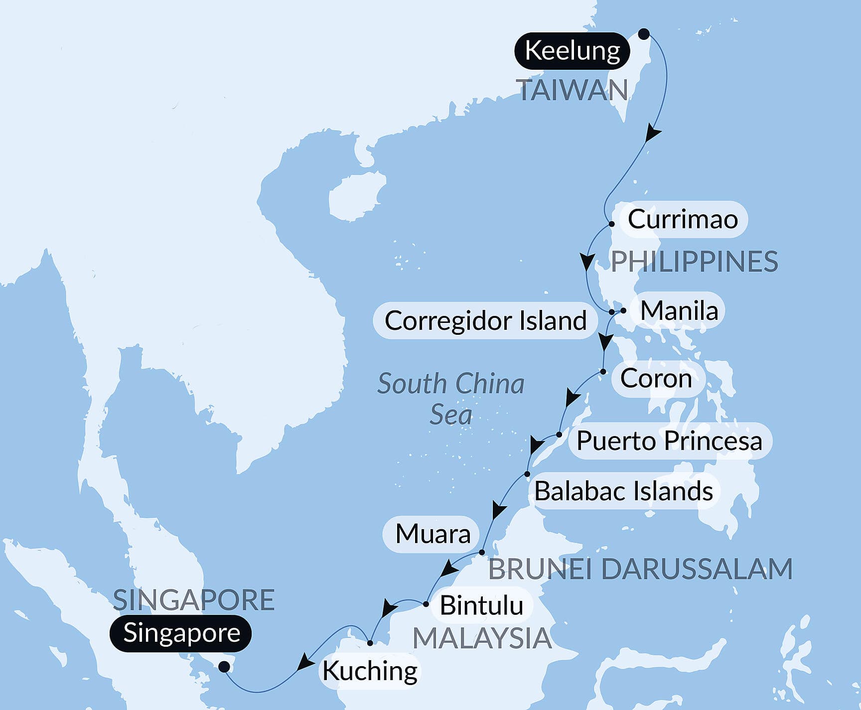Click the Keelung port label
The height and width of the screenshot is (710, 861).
coord(572,51)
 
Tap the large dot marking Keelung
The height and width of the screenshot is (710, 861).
coord(644,34)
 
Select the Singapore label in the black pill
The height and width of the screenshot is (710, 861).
coord(181,633)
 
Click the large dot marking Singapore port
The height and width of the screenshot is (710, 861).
coord(225,666)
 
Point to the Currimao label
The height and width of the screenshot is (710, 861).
coord(682,219)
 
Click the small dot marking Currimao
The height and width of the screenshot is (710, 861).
coord(612,224)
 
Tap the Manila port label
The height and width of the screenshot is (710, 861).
coord(679,310)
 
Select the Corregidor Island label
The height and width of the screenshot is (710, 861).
coord(485,320)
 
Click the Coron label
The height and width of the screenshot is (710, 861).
coord(656,379)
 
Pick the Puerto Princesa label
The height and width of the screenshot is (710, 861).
coord(669,441)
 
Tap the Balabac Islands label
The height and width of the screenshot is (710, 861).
coord(623,491)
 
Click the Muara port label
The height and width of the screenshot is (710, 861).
coord(432,534)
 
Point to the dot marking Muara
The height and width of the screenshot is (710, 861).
coord(482,553)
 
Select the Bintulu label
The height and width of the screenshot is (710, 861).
coord(481,605)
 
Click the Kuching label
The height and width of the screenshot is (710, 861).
coord(370,671)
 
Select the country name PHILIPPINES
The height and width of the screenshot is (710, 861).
coord(694,262)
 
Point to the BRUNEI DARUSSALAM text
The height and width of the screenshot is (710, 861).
coord(640,569)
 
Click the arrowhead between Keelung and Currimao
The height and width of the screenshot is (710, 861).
coord(653,134)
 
